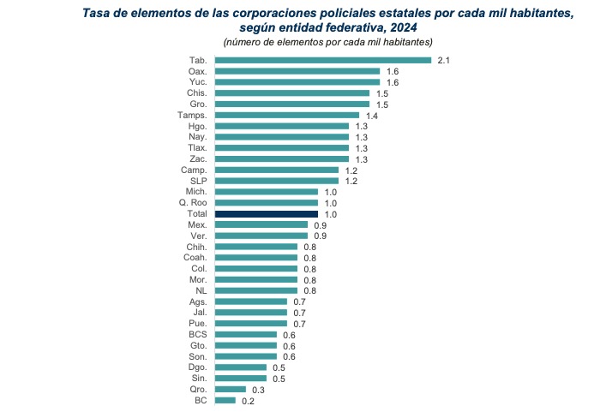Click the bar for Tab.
click(322, 60)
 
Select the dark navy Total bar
click(266, 213)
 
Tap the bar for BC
click(225, 400)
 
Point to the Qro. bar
click(230, 389)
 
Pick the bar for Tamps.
click(286, 115)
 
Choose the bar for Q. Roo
click(266, 202)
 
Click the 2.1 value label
click(443, 60)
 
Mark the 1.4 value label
click(372, 115)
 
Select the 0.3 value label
click(258, 389)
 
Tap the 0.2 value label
click(248, 400)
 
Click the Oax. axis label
click(197, 71)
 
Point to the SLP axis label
click(198, 181)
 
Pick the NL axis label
click(201, 290)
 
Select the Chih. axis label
click(196, 247)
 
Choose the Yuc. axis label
click(197, 82)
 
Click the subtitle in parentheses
click(327, 42)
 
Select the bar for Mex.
click(261, 224)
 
